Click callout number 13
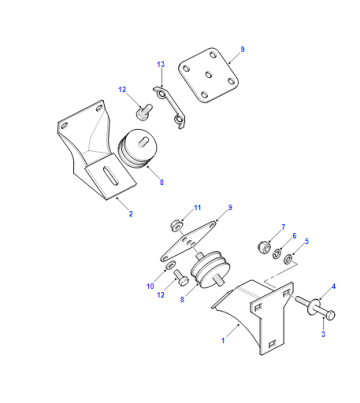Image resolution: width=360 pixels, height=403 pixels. (x=161, y=64)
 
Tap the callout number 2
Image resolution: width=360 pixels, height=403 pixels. (x=131, y=214)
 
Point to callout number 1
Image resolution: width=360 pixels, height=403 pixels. (x=223, y=341)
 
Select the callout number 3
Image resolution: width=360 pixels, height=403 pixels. (x=323, y=334)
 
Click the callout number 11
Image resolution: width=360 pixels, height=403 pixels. (x=197, y=208)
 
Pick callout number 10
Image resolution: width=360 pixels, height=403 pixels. (x=150, y=286)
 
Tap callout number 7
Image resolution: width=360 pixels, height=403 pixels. (x=283, y=227)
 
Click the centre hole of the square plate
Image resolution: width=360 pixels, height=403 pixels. (x=209, y=75)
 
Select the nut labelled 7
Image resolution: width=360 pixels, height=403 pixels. (x=265, y=247)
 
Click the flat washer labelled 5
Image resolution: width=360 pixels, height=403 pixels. (x=288, y=259)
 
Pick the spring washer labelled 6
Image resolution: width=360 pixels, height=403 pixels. (x=276, y=254)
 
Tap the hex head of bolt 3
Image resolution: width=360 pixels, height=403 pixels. (x=330, y=315)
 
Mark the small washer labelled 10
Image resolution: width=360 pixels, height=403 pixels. (x=169, y=265)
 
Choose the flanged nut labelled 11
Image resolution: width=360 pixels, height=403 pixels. (x=176, y=226)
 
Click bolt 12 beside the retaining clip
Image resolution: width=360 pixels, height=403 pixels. (x=144, y=111)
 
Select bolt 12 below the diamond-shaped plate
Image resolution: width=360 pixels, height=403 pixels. (x=180, y=278)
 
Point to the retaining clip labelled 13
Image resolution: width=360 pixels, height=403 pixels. (x=169, y=107)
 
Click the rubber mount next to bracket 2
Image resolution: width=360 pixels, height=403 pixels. (x=137, y=148)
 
